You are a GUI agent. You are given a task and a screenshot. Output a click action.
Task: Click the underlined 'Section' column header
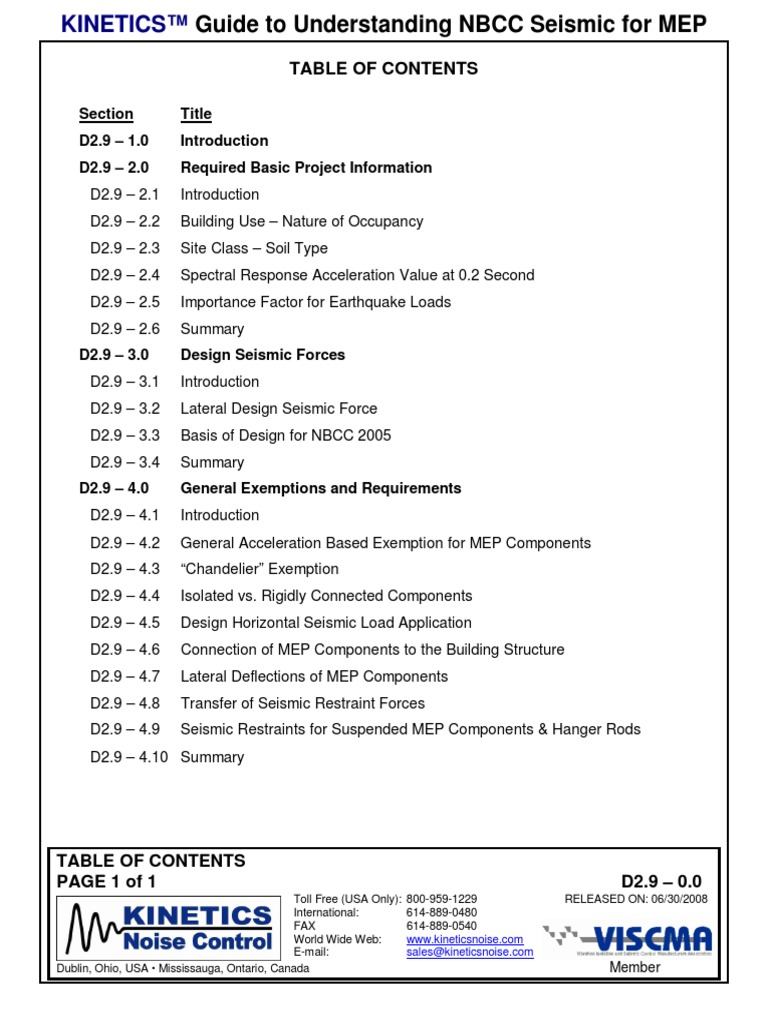click(106, 114)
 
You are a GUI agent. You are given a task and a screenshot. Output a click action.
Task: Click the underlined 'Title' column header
click(196, 114)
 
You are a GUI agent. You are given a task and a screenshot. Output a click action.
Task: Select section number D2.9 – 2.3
click(124, 248)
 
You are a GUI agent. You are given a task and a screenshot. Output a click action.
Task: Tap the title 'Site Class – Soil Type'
click(254, 248)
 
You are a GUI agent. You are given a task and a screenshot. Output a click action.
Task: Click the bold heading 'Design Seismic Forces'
click(262, 355)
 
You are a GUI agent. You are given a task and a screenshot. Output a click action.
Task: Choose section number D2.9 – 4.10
click(128, 757)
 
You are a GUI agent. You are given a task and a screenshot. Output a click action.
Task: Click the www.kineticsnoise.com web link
click(465, 940)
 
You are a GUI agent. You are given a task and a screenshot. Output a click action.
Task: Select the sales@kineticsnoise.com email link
click(469, 953)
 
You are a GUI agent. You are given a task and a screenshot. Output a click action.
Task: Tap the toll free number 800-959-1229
click(441, 899)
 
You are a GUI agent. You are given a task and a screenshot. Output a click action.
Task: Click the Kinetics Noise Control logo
click(168, 927)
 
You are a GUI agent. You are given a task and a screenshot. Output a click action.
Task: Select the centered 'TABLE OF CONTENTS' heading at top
click(384, 69)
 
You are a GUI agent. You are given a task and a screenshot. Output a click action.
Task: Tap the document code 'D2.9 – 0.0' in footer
click(664, 881)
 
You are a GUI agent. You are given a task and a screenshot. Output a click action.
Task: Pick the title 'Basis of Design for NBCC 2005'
click(286, 435)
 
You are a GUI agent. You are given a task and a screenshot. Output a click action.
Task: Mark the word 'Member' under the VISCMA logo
click(635, 967)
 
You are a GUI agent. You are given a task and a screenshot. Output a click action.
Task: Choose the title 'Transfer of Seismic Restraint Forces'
click(302, 703)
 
